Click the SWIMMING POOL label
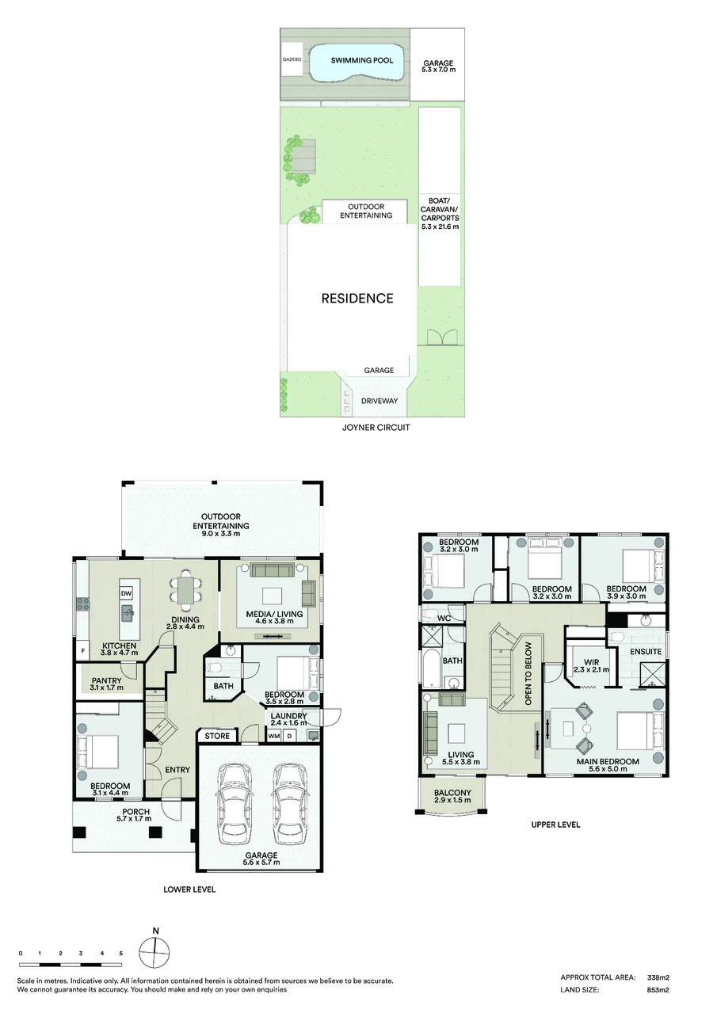361,60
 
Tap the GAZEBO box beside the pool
292,59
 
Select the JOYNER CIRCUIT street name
376,428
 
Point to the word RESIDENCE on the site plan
357,298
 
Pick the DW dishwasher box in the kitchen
126,593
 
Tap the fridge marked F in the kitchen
82,652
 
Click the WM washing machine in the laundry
273,736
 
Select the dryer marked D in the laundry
289,736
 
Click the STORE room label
217,736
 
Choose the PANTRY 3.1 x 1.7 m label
107,684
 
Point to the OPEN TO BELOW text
528,674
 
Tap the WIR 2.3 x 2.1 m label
591,665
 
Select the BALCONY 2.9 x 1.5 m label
452,796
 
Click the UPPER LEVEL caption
555,824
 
